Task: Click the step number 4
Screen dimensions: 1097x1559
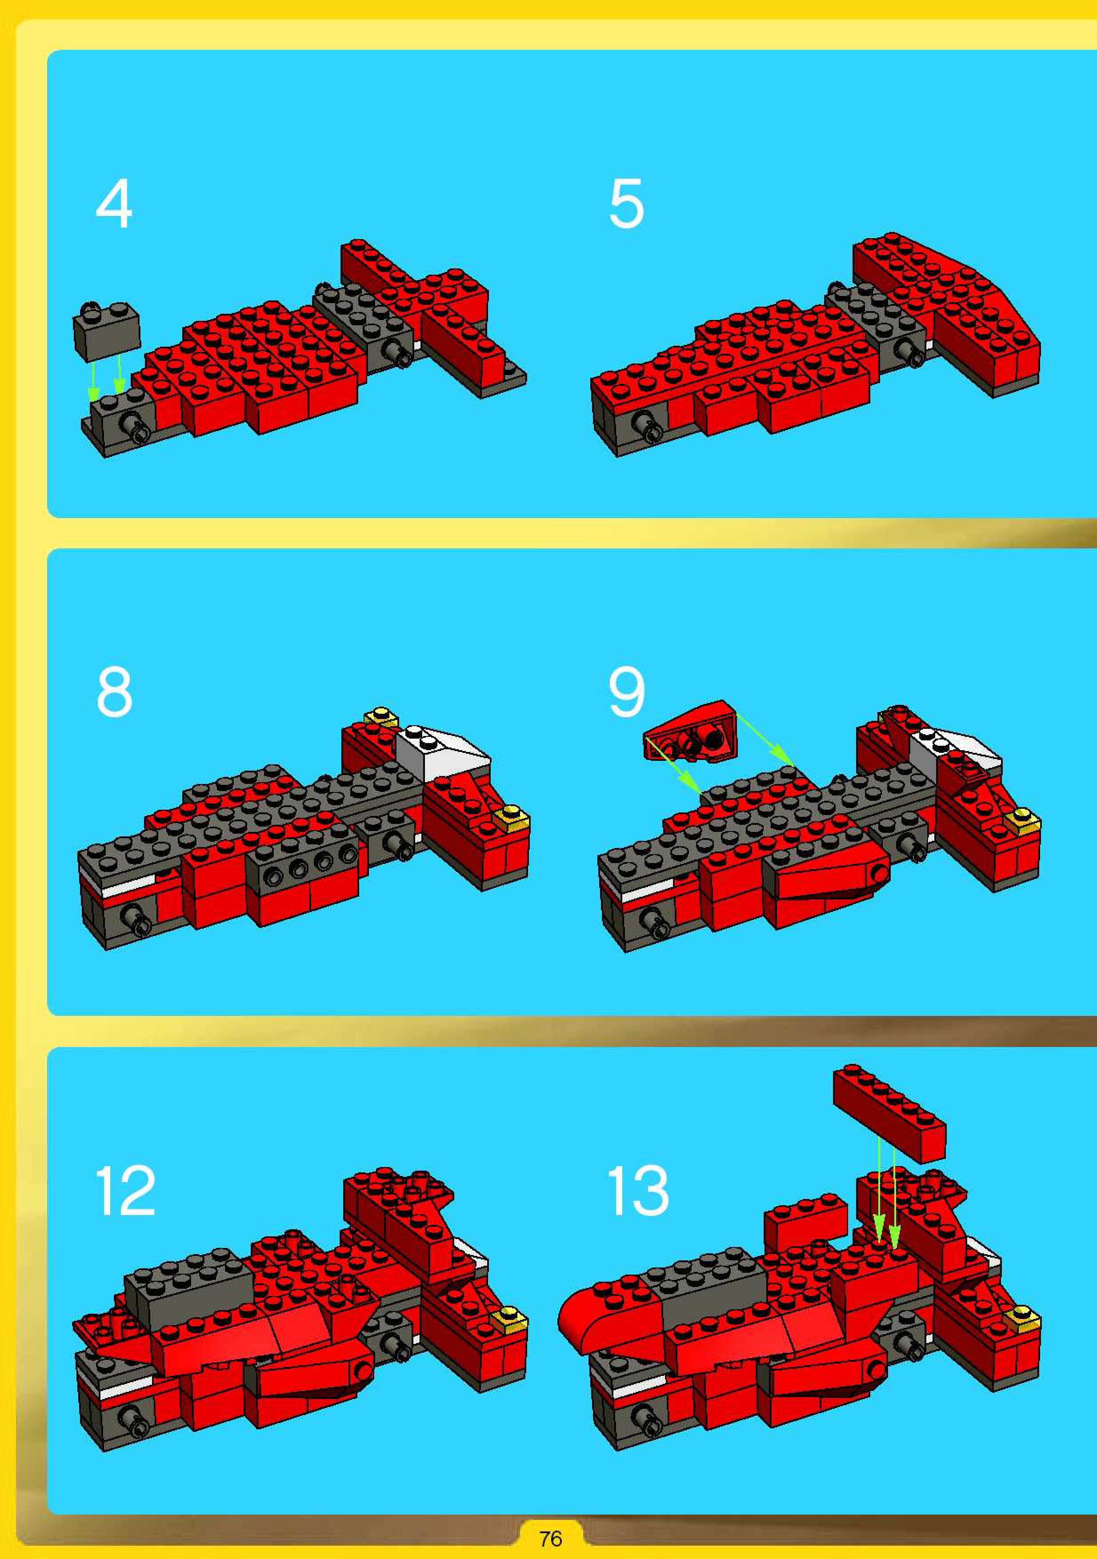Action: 114,203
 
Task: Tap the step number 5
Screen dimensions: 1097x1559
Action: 626,203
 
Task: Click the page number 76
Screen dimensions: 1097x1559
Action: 550,1539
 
